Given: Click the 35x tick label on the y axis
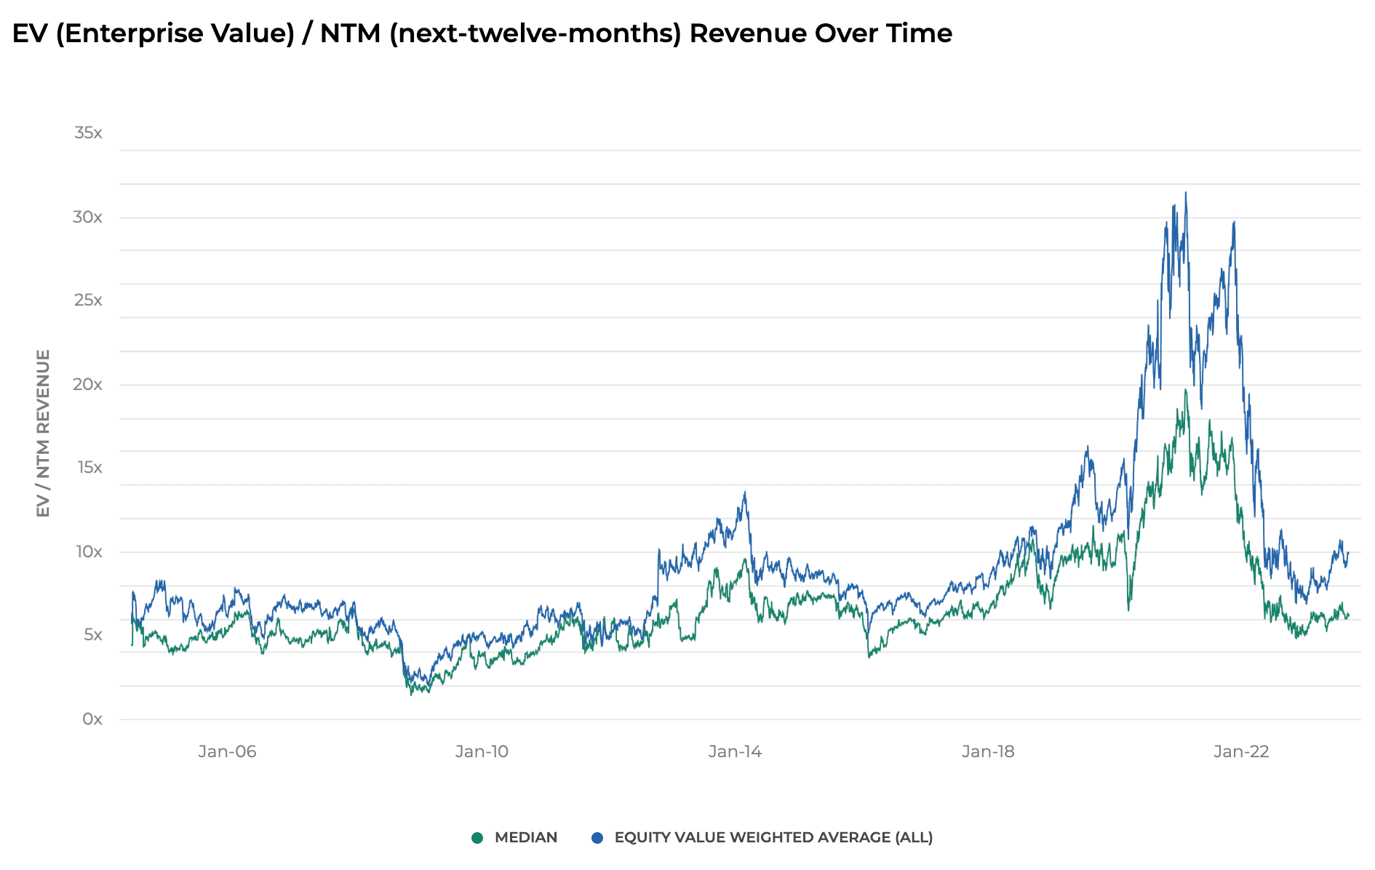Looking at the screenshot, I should (x=88, y=133).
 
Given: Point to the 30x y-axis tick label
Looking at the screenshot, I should (x=87, y=217).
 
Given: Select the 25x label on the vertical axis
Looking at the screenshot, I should (x=88, y=300).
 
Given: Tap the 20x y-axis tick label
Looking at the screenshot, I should (x=87, y=384).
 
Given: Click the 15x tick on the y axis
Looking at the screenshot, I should (x=89, y=467).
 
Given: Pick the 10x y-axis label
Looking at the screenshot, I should (x=89, y=551).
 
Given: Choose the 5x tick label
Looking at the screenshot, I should (x=92, y=634).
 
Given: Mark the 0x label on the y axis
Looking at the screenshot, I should (x=92, y=719).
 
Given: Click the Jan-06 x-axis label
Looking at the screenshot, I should (x=227, y=751).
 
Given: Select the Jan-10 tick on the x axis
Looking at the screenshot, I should (x=482, y=751).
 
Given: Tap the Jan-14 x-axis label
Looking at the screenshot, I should (x=735, y=751).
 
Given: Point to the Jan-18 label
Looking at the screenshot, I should (x=987, y=751).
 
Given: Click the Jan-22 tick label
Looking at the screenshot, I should (x=1241, y=751).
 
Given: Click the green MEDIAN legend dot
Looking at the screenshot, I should (x=477, y=838).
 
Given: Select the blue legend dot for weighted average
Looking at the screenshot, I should (x=597, y=838).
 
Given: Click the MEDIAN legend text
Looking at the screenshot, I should (x=525, y=838).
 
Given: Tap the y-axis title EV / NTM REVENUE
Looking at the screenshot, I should (x=43, y=434).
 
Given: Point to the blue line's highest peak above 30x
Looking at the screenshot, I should (x=1185, y=193).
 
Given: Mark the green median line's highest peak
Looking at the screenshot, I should (x=1185, y=391).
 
